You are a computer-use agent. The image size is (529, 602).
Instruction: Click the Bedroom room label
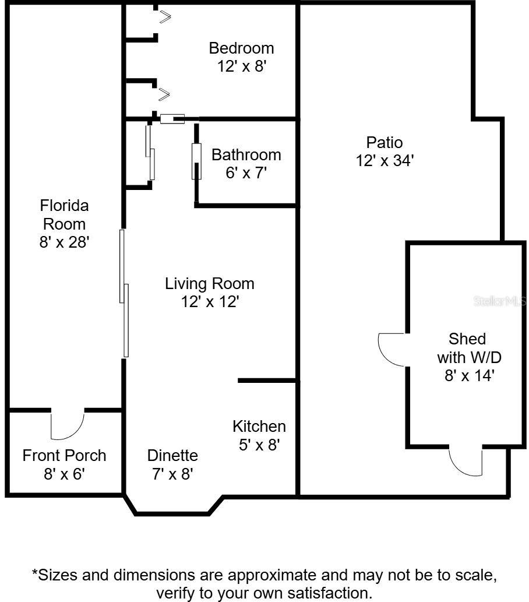click(241, 48)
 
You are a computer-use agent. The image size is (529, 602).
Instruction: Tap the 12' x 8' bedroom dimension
click(241, 66)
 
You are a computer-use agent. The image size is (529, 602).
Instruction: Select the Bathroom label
click(246, 154)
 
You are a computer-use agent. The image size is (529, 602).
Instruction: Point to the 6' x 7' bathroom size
click(246, 173)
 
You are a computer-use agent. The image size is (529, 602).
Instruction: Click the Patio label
click(385, 142)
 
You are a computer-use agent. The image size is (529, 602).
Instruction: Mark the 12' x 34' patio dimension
click(385, 160)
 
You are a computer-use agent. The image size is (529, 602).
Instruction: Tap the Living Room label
click(210, 284)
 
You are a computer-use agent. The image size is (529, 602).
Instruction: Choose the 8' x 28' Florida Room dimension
click(64, 242)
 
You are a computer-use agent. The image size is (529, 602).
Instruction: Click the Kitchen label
click(259, 426)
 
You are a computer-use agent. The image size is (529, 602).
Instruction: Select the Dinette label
click(172, 455)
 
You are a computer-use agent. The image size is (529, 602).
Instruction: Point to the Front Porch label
click(64, 455)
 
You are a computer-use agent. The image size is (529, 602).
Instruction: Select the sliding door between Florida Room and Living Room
click(124, 293)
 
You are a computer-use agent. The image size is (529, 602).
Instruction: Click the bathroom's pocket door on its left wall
click(197, 161)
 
